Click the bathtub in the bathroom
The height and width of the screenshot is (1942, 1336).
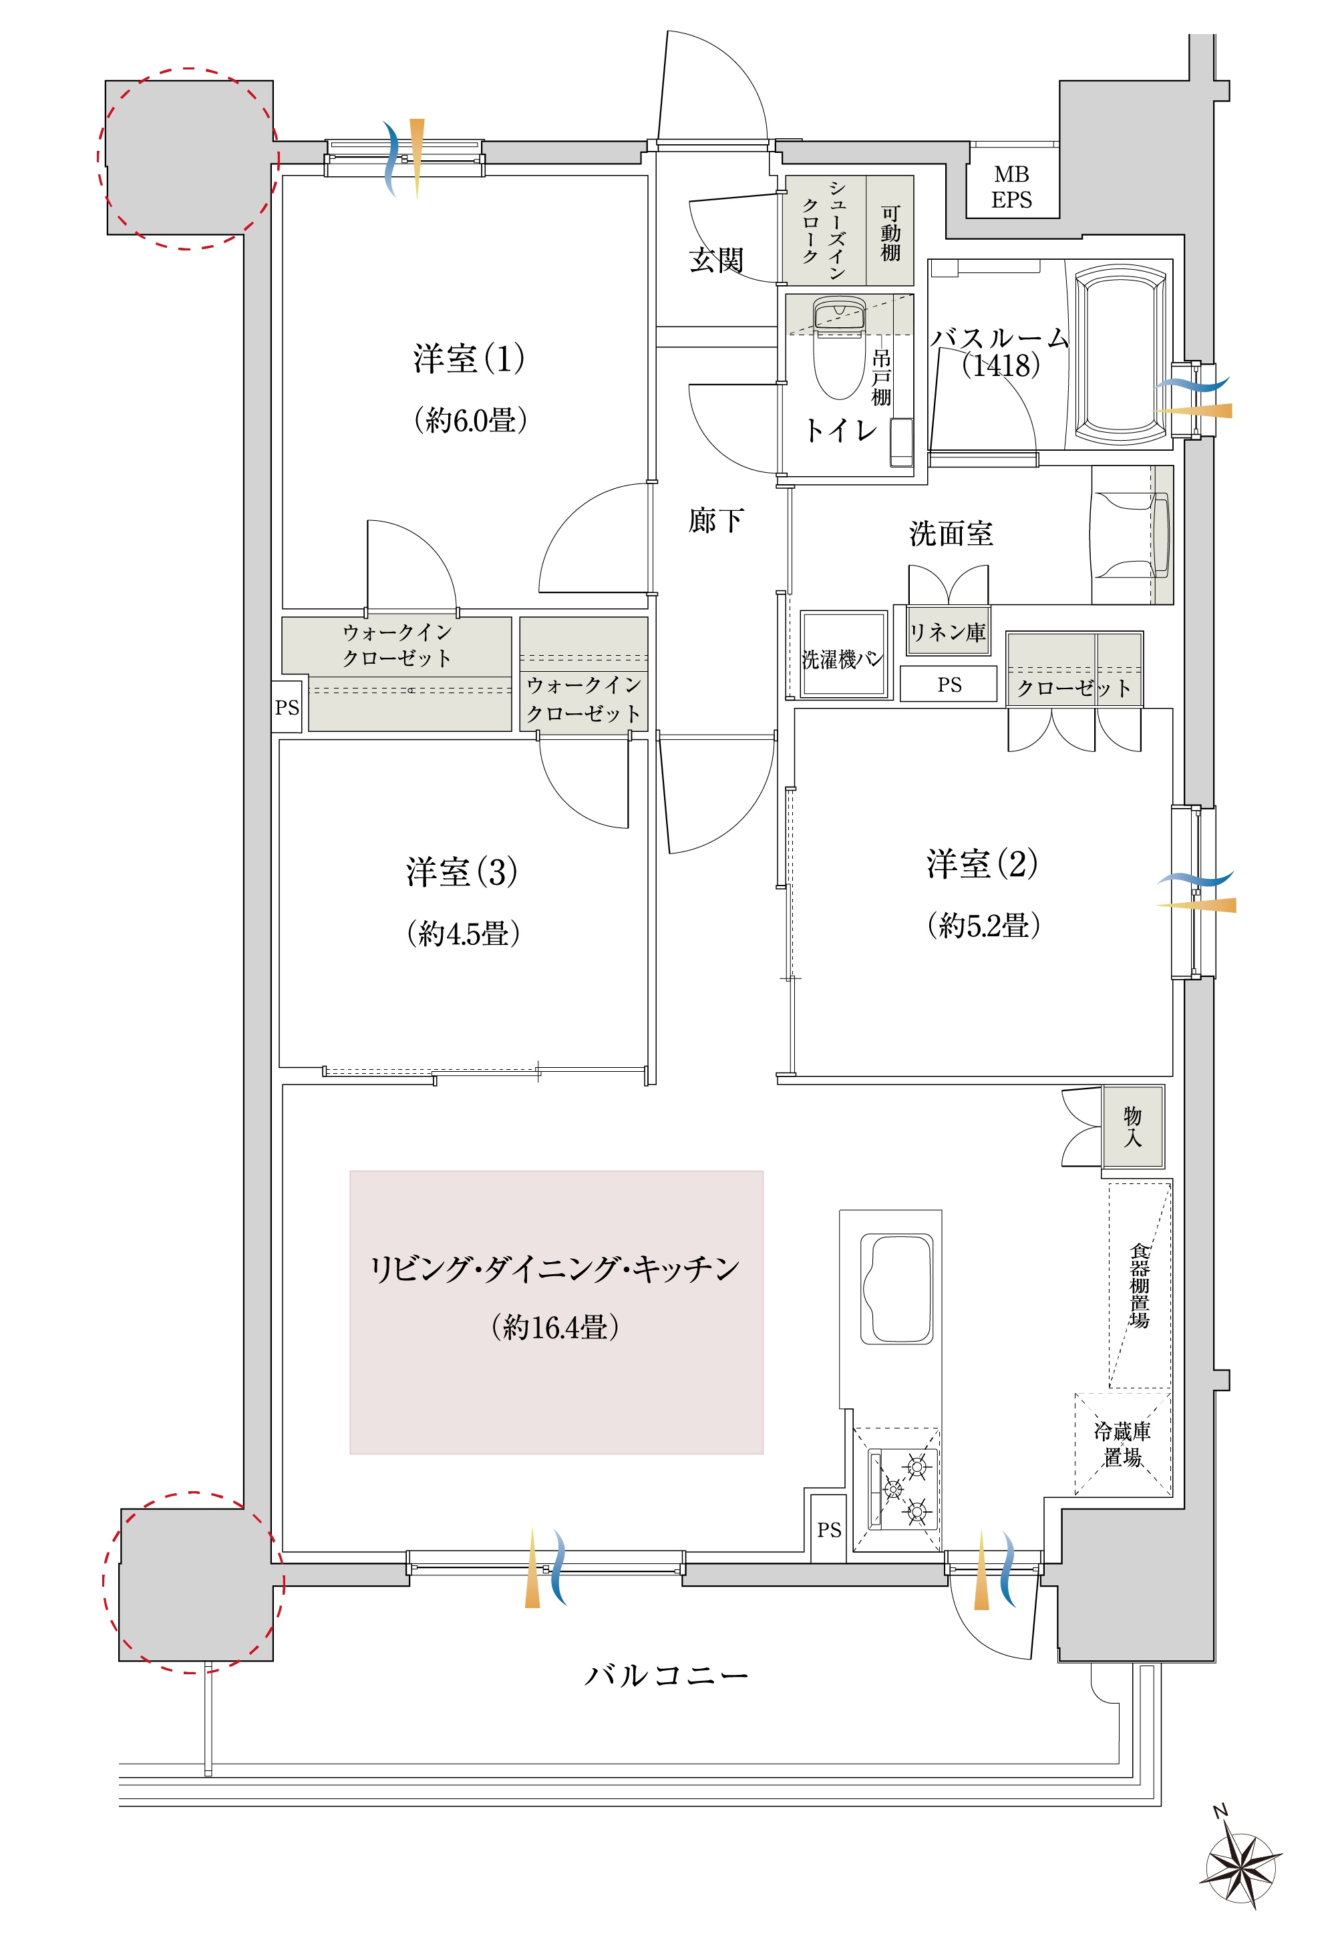coord(1120,355)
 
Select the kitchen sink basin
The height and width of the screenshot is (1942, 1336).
coord(896,1288)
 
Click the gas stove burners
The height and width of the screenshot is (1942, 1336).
coord(903,1489)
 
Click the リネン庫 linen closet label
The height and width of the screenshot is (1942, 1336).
coord(948,632)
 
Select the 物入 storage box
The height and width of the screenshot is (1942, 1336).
coord(1132,1126)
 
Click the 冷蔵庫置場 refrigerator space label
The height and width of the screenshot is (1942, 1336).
coord(1122,1444)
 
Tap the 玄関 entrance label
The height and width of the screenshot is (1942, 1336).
coord(717,260)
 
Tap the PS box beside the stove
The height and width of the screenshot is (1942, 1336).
coord(829,1528)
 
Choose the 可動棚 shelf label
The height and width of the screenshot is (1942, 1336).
coord(890,234)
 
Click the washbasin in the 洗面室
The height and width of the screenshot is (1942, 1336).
coord(1131,535)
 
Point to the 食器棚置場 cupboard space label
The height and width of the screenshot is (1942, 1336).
coord(1140,1286)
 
